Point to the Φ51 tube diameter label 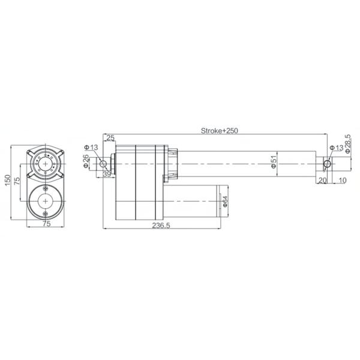coord(274,162)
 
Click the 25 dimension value coord(110,139)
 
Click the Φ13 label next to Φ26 coord(91,147)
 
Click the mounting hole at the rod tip coord(327,163)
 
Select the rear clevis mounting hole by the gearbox coord(103,163)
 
